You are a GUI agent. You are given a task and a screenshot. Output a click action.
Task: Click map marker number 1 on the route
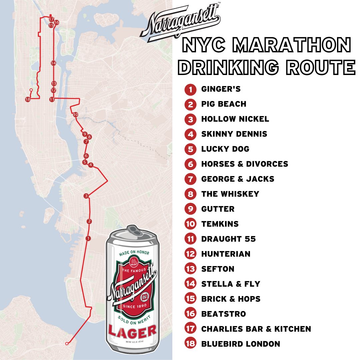point(88,238)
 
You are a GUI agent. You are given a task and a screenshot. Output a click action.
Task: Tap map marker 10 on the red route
point(75,115)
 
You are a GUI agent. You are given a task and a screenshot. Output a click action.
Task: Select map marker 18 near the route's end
point(28,99)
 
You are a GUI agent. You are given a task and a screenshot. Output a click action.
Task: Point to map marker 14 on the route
point(53,63)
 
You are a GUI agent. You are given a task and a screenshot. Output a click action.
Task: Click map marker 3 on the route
point(86,196)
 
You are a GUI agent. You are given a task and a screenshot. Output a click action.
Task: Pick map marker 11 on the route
point(52,99)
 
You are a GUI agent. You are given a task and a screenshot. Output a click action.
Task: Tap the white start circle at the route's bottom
point(67,343)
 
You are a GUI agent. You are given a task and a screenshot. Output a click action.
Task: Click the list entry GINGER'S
point(221,89)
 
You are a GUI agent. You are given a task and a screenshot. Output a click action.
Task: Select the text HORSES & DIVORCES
point(244,164)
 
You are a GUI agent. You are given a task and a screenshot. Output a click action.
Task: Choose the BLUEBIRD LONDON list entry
point(240,344)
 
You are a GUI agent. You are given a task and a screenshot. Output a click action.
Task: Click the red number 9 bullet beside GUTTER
point(190,209)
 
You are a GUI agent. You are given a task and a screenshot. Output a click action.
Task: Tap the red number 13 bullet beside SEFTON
point(190,269)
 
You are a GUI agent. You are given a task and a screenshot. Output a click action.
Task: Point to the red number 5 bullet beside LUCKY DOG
point(190,149)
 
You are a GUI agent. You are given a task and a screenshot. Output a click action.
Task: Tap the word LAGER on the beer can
point(132,331)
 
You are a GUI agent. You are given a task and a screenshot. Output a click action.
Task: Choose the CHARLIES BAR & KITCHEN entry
point(256,329)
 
